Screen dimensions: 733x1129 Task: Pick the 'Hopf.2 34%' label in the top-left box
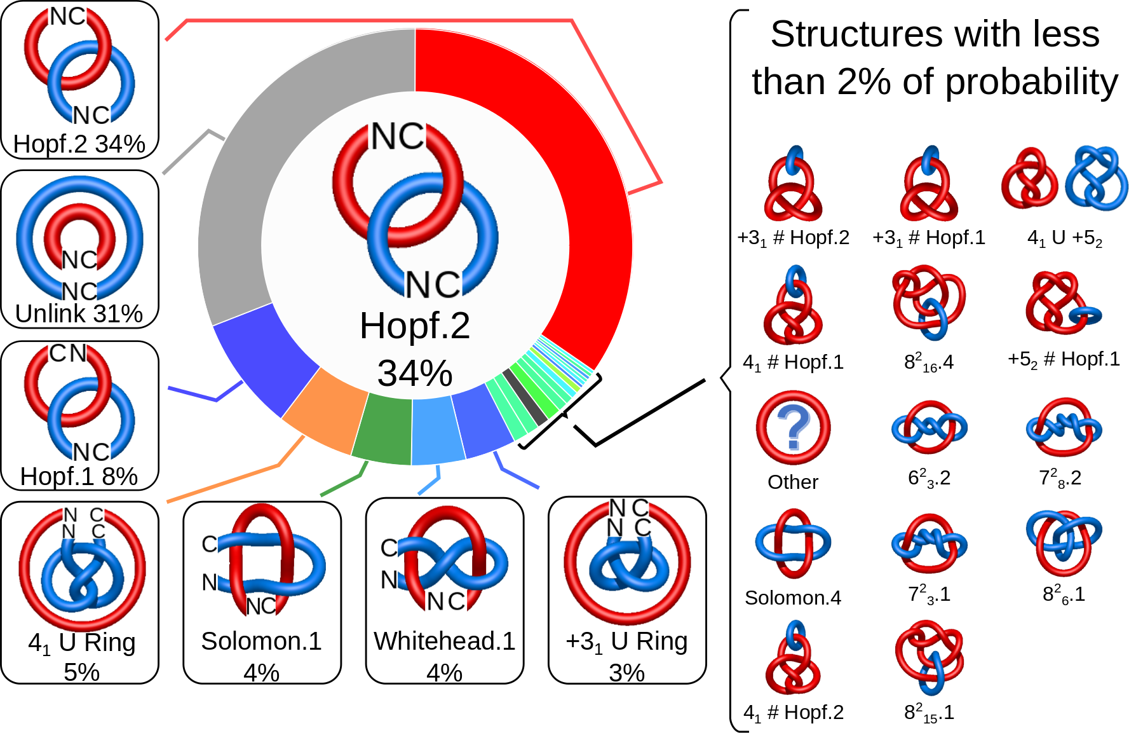79,144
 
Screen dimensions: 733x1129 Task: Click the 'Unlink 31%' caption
79,313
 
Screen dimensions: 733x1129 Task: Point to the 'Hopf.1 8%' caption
79,476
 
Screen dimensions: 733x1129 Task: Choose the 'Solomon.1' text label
261,641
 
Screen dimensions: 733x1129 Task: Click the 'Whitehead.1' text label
444,641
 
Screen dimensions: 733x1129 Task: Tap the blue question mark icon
794,427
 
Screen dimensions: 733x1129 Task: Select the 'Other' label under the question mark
793,482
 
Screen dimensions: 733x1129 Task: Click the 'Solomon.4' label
793,598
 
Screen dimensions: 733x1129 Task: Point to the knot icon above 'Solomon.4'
793,544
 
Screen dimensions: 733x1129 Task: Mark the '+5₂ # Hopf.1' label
1064,359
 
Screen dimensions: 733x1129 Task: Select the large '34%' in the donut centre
415,373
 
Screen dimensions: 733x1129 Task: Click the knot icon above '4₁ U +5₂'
1064,179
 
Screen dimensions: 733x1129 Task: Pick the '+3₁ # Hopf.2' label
793,238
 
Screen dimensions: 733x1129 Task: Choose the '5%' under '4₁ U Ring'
81,672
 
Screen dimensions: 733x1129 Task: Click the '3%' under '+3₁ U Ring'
626,672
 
